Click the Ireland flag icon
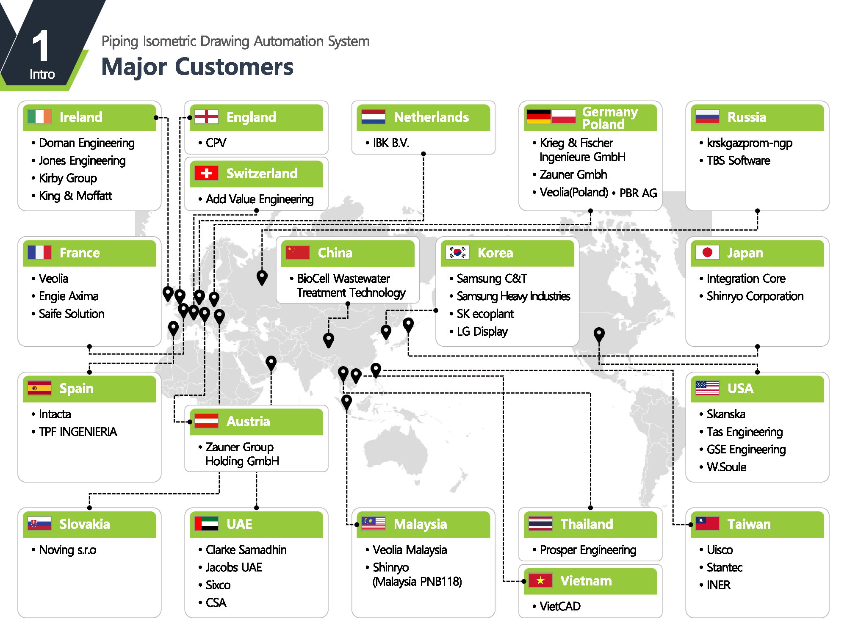[39, 116]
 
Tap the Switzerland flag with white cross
[206, 173]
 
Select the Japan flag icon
[707, 252]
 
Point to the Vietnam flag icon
[540, 580]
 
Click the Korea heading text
[495, 253]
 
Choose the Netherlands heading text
[431, 117]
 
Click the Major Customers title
[197, 67]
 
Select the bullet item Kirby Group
[68, 178]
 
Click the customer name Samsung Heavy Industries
[513, 296]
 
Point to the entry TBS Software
[738, 160]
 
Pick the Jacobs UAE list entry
[234, 567]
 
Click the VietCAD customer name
[560, 606]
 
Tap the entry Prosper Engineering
[588, 550]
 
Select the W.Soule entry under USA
[726, 467]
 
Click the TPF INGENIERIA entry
[78, 432]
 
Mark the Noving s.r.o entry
[68, 550]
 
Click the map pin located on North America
[599, 334]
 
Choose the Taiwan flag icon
[707, 524]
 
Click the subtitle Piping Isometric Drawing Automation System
[235, 41]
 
